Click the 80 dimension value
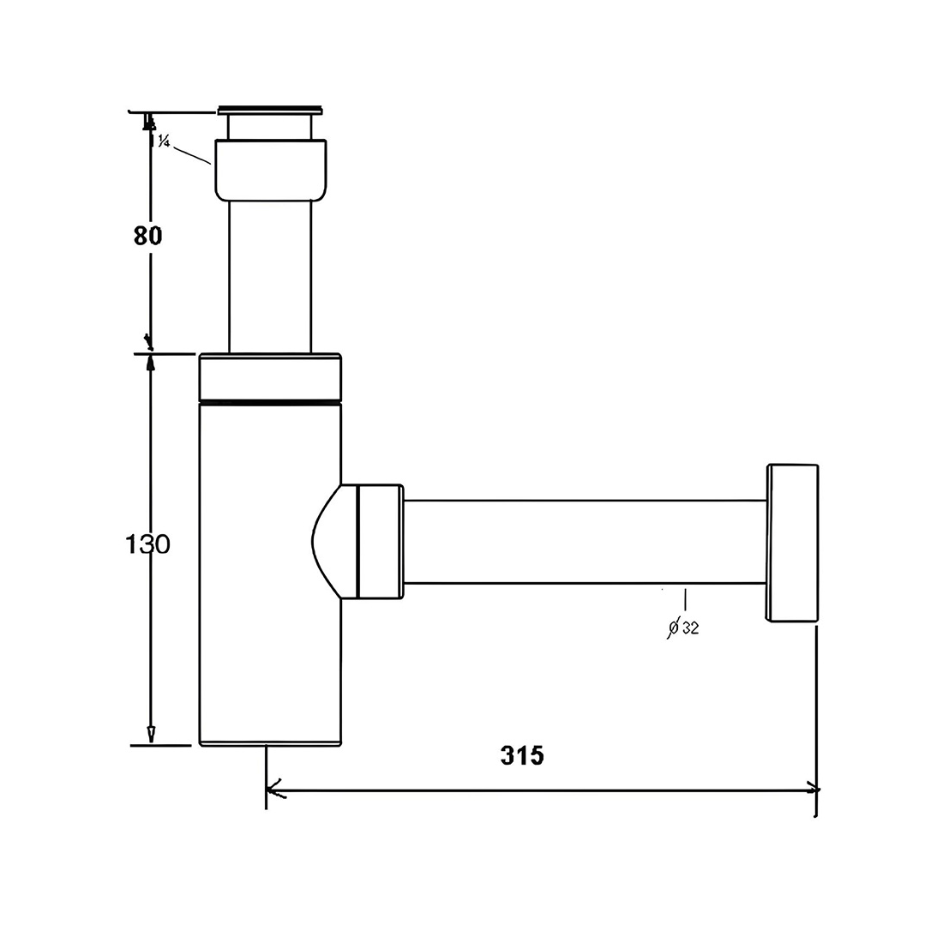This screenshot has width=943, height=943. point(148,236)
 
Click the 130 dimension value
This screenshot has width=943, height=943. point(147,545)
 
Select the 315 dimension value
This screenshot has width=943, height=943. point(522,755)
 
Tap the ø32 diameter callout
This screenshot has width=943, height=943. point(683,628)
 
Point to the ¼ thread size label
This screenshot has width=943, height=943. point(163,141)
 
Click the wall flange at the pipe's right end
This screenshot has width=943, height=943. point(792,543)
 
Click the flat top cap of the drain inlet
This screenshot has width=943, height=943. point(270,110)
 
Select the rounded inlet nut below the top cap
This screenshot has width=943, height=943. point(271,170)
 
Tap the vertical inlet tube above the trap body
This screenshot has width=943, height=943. point(270,276)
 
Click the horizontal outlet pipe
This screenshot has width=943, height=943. point(585,541)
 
